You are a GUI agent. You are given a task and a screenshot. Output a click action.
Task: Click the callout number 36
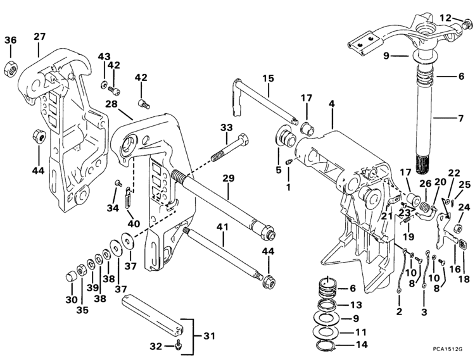pyautogui.click(x=11, y=40)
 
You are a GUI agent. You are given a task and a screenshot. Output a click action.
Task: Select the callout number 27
pyautogui.click(x=40, y=37)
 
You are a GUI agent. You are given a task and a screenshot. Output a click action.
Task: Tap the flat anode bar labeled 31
pyautogui.click(x=155, y=314)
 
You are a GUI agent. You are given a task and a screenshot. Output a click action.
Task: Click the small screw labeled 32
pyautogui.click(x=179, y=344)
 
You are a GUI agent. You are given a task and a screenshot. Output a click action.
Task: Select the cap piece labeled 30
pyautogui.click(x=72, y=276)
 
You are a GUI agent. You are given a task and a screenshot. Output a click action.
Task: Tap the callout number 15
pyautogui.click(x=269, y=79)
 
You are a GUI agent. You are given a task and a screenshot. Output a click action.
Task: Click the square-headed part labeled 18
pyautogui.click(x=462, y=244)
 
